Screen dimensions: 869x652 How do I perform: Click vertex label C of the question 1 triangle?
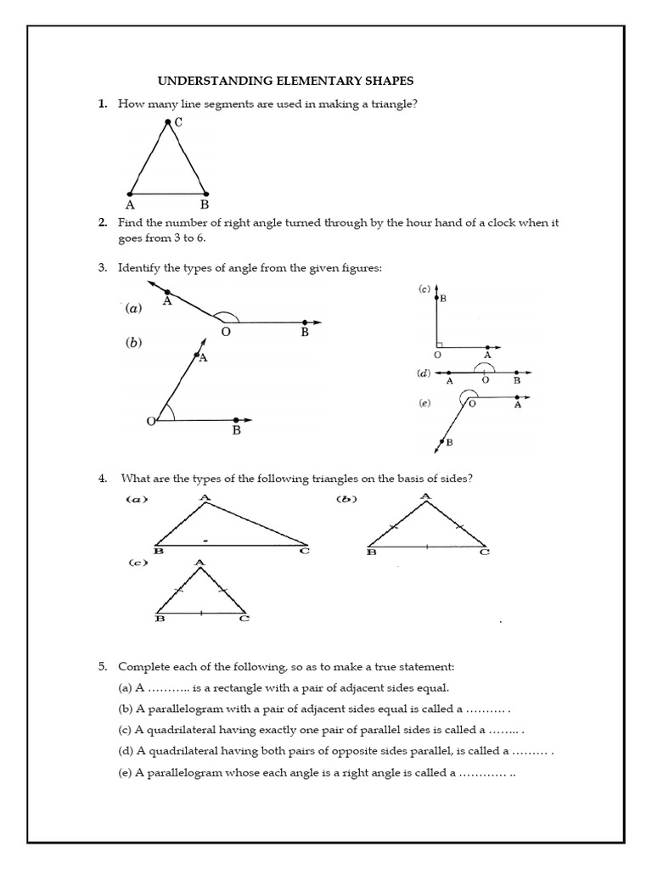[178, 123]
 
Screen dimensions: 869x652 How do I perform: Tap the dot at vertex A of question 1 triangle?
[130, 193]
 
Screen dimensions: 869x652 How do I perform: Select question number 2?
[102, 222]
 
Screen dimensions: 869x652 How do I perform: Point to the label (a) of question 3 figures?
[133, 309]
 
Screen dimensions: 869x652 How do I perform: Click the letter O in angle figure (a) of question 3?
[225, 333]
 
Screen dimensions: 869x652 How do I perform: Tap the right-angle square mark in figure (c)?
[439, 345]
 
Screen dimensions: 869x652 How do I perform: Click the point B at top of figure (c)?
[436, 298]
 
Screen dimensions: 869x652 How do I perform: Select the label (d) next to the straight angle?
[423, 373]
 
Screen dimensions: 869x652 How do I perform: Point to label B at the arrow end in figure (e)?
[449, 443]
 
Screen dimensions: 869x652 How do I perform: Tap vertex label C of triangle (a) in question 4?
[305, 552]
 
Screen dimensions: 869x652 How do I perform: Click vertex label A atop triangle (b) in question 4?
[424, 496]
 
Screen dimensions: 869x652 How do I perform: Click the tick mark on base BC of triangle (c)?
[200, 612]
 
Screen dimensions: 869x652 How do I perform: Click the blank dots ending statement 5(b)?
[487, 709]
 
